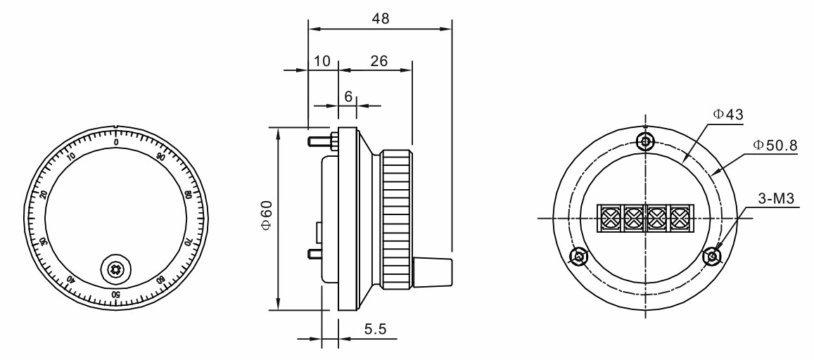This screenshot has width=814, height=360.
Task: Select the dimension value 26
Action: coord(379,61)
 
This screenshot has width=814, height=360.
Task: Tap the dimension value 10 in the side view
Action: coord(322,61)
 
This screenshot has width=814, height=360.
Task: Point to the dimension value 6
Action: coord(348,97)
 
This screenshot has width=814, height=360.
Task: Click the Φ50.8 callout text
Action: coord(775,145)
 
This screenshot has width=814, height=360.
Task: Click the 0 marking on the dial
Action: coord(116,142)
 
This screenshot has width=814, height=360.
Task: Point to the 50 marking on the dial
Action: coord(116,293)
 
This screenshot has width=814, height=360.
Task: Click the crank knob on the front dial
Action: coord(115,268)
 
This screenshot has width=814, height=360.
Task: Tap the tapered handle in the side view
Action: coord(431,271)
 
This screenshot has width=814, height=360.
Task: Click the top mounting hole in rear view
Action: coord(647,141)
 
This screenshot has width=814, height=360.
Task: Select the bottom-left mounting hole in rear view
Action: coord(579,257)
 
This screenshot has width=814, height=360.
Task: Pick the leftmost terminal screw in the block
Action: coord(609,218)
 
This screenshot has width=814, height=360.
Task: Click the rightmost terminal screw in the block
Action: coord(679,218)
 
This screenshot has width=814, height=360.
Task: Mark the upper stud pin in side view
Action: coord(320,141)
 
